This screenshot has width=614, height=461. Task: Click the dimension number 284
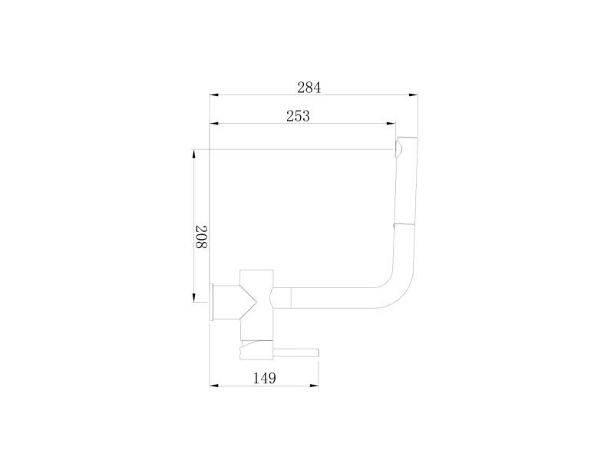tap(309, 88)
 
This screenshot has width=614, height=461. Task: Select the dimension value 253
tap(298, 116)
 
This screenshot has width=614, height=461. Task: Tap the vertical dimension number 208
tap(201, 237)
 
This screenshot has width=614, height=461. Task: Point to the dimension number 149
tap(265, 378)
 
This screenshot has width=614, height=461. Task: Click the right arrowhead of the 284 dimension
tap(413, 95)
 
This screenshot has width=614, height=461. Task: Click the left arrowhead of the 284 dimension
tap(214, 95)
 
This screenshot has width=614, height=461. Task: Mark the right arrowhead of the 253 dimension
tap(391, 124)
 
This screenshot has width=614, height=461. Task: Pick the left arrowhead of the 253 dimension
tap(214, 124)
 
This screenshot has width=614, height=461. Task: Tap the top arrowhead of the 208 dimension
tap(193, 154)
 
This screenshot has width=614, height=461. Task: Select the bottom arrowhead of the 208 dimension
tap(193, 297)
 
